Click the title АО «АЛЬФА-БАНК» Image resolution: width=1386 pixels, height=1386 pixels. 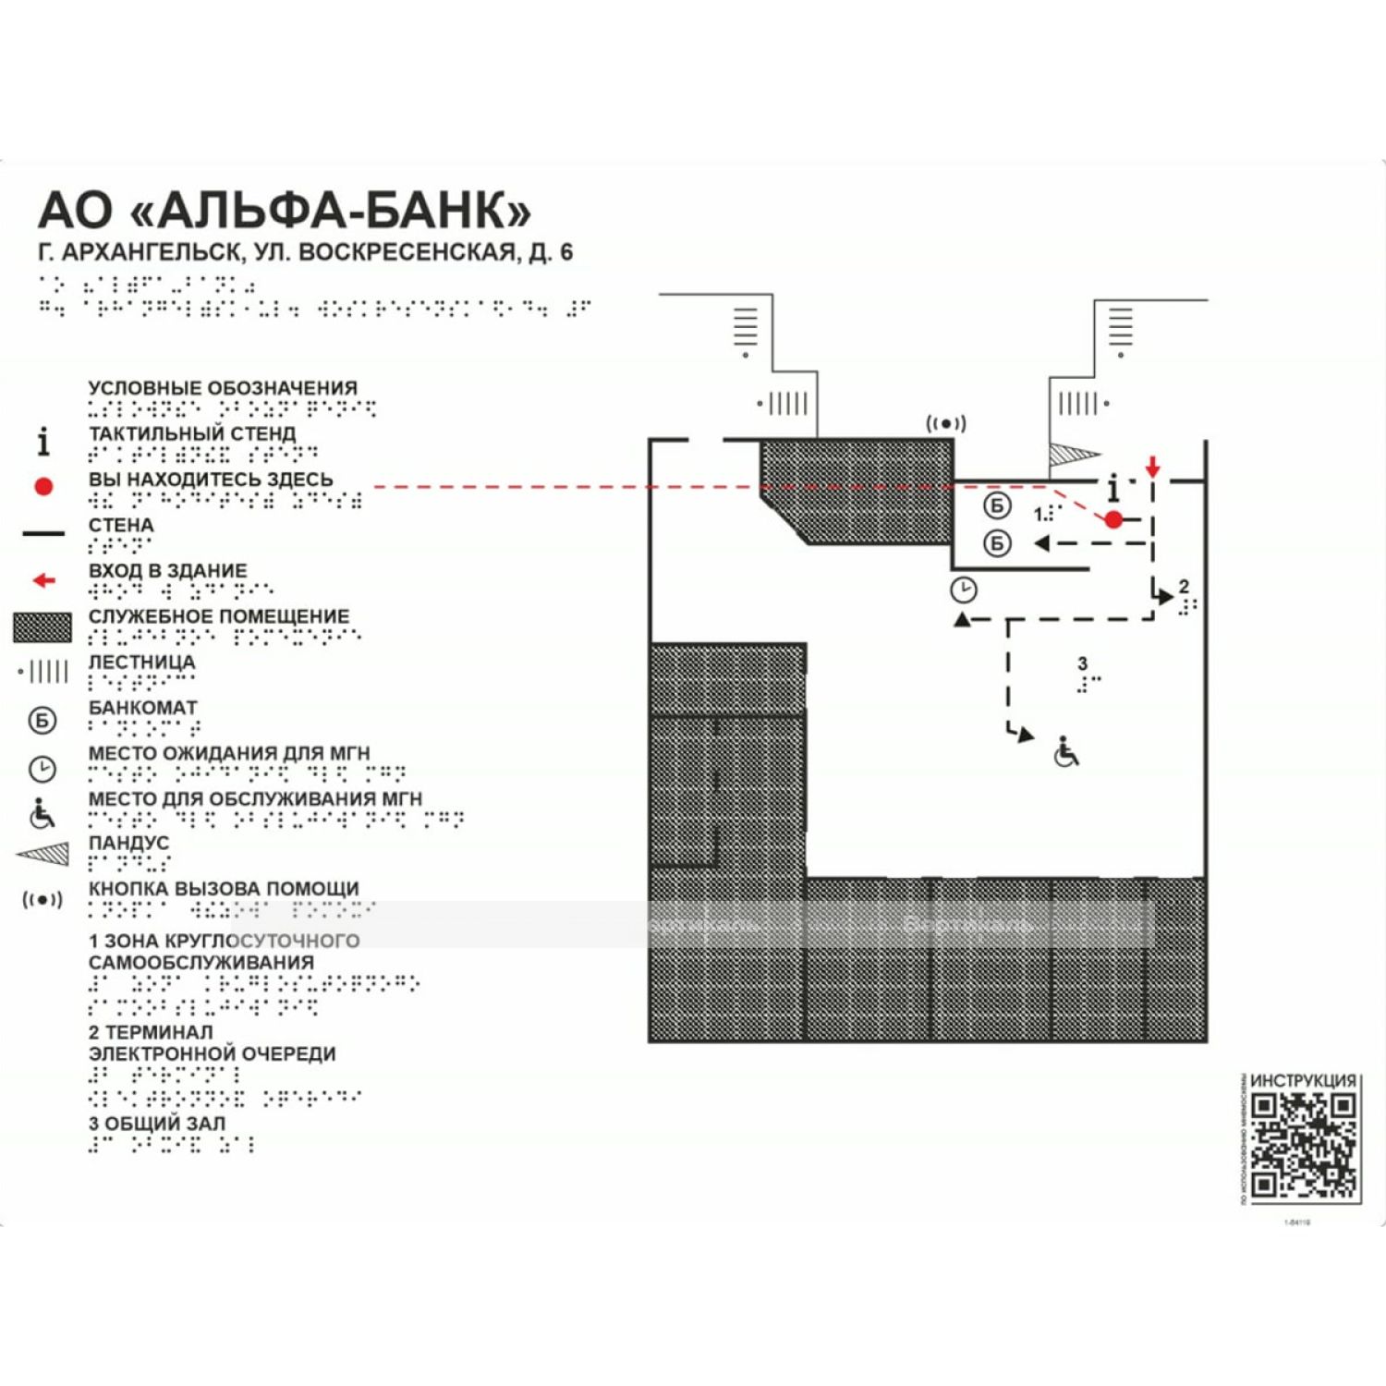tap(285, 211)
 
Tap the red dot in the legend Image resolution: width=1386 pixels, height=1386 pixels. tap(43, 486)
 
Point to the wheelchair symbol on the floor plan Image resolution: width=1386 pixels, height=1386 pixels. tap(1066, 752)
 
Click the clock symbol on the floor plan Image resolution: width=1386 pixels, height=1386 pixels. tap(963, 589)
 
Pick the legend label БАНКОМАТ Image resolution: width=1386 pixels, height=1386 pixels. tap(142, 708)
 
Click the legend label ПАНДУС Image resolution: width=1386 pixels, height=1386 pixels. tap(128, 843)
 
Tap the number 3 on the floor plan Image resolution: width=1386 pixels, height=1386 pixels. tap(1082, 663)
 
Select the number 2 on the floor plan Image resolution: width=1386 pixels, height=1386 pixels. tap(1184, 587)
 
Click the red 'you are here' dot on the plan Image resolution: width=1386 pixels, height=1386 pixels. tap(1113, 519)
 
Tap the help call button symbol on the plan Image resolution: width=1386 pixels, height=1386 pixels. tap(945, 423)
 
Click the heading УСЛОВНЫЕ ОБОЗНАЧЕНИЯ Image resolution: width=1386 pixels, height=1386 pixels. tap(223, 388)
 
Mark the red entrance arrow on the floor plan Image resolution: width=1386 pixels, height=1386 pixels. tap(1152, 466)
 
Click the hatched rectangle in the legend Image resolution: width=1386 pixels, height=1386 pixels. tap(43, 627)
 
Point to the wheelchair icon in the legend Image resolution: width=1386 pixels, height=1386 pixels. tap(43, 813)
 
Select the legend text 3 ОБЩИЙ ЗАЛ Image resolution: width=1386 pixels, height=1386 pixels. tap(157, 1124)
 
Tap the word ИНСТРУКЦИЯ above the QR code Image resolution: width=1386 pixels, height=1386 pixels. tap(1303, 1080)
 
